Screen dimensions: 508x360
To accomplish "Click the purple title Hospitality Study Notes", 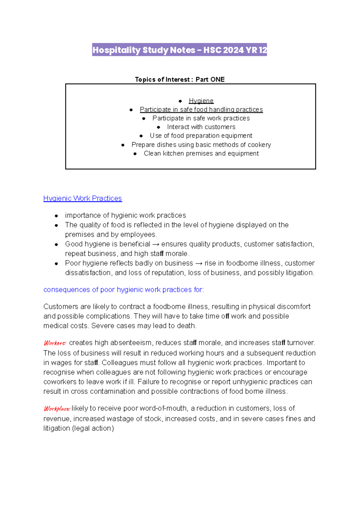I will (179, 50).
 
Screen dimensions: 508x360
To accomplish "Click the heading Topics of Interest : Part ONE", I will (179, 79).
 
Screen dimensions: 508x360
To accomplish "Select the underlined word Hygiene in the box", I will (201, 101).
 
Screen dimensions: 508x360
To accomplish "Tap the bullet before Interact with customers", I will (158, 127).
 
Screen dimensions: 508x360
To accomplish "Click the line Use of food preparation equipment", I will (201, 136).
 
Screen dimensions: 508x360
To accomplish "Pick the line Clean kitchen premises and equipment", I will (201, 154).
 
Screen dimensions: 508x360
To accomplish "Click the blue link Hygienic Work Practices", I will (82, 199).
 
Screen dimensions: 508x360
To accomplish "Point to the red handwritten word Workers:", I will (55, 343).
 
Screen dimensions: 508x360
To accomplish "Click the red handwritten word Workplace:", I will (57, 408).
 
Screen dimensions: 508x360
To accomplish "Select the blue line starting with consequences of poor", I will (124, 290).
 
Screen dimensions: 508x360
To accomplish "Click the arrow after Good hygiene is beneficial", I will (156, 244).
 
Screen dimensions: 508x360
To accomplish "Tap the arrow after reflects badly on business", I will (199, 264).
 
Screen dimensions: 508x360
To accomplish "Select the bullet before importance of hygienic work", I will (56, 216).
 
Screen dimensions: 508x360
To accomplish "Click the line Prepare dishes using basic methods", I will (201, 145).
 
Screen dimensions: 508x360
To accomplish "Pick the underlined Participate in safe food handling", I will (201, 110).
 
